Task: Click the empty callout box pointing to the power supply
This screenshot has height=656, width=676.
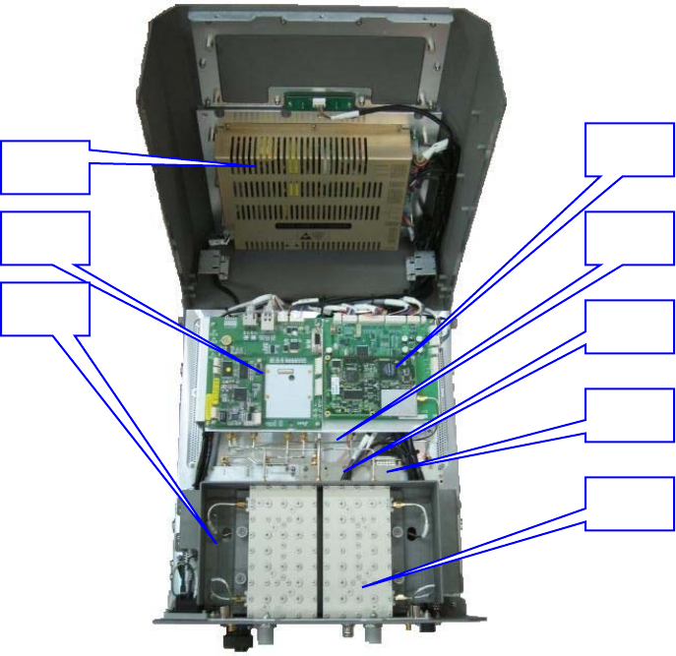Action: point(45,166)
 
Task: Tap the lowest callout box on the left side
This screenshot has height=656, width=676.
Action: point(45,308)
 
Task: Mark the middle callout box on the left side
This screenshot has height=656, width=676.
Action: point(45,237)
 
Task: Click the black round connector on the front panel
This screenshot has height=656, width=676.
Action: point(236,639)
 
